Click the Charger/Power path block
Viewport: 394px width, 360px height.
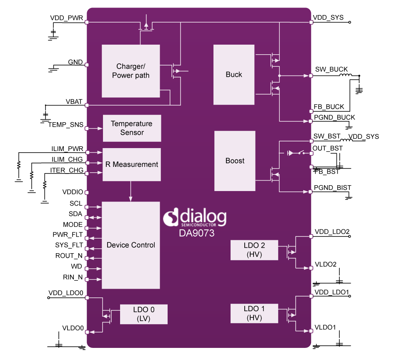tap(130, 71)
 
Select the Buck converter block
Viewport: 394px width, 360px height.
tap(234, 75)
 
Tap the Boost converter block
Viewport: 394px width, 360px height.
tap(235, 161)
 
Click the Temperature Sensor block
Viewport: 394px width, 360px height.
tap(132, 128)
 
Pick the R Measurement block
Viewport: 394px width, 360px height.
tap(132, 164)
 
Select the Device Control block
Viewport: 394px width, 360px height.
tap(131, 245)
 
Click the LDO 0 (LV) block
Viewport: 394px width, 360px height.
tap(143, 314)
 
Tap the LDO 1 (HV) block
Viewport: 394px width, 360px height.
tap(254, 313)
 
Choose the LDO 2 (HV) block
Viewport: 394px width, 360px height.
tap(254, 250)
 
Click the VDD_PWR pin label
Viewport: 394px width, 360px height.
tap(66, 18)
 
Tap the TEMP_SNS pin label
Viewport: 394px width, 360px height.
tap(65, 125)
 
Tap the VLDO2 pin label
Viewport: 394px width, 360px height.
tap(326, 264)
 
